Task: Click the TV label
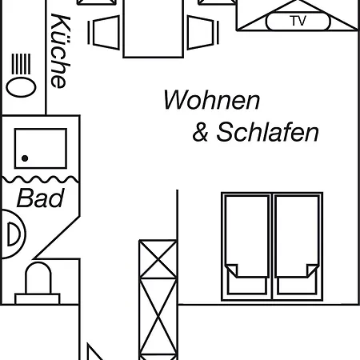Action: [x=298, y=21]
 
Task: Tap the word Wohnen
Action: [x=211, y=100]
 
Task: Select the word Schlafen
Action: [x=267, y=132]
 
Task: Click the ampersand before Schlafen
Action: [x=200, y=132]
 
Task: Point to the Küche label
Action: [x=60, y=50]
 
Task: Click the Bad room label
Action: [x=41, y=198]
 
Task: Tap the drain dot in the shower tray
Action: [x=25, y=158]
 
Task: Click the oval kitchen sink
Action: [x=21, y=88]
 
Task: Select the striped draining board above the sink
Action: [x=21, y=64]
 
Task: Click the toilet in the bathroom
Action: [x=38, y=283]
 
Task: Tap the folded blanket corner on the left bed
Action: [x=232, y=270]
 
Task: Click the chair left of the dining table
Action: [x=104, y=33]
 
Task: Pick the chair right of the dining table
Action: [x=203, y=33]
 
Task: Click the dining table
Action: [x=154, y=28]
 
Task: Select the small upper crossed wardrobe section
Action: [x=158, y=259]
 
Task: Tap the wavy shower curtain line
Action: [x=41, y=179]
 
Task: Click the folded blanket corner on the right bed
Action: [x=312, y=270]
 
